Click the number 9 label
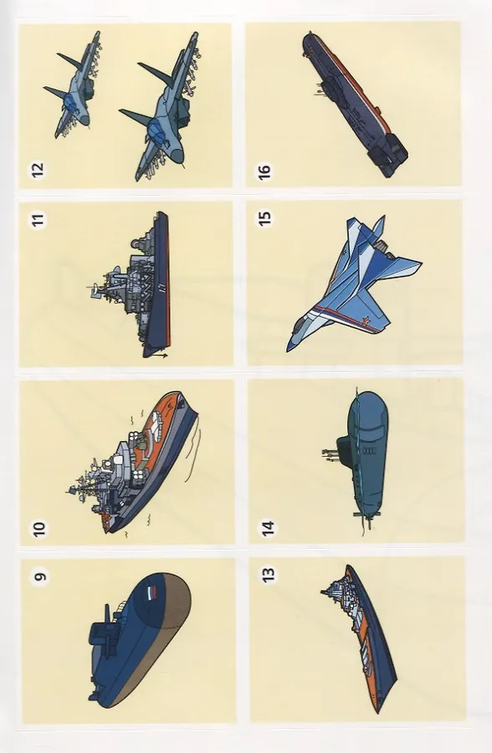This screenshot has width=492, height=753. point(41,576)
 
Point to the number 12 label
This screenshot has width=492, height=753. point(38,170)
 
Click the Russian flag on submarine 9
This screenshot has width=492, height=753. point(151,593)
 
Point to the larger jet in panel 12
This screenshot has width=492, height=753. point(161,106)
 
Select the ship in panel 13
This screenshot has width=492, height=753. point(359,638)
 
